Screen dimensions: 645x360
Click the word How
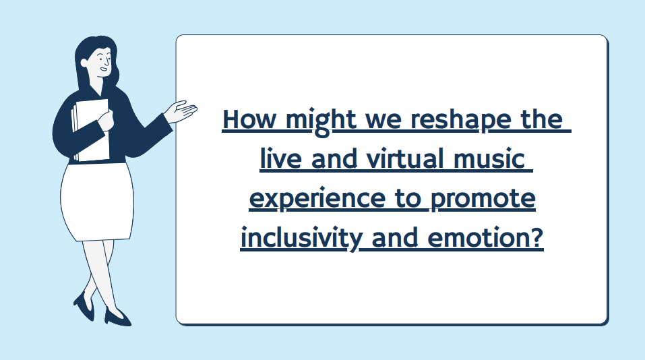click(x=249, y=119)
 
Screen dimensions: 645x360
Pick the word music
click(x=489, y=159)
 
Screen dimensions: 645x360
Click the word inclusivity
click(x=301, y=239)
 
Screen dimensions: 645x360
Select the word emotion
click(x=477, y=238)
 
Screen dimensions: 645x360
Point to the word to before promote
click(x=408, y=199)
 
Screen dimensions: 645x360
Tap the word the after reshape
click(x=541, y=119)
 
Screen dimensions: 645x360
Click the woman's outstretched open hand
click(x=181, y=111)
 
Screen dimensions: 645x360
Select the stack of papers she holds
click(x=90, y=130)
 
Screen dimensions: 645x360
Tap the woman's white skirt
click(x=97, y=201)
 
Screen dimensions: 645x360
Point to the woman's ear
click(x=84, y=63)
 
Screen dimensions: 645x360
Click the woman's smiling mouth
click(x=104, y=69)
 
